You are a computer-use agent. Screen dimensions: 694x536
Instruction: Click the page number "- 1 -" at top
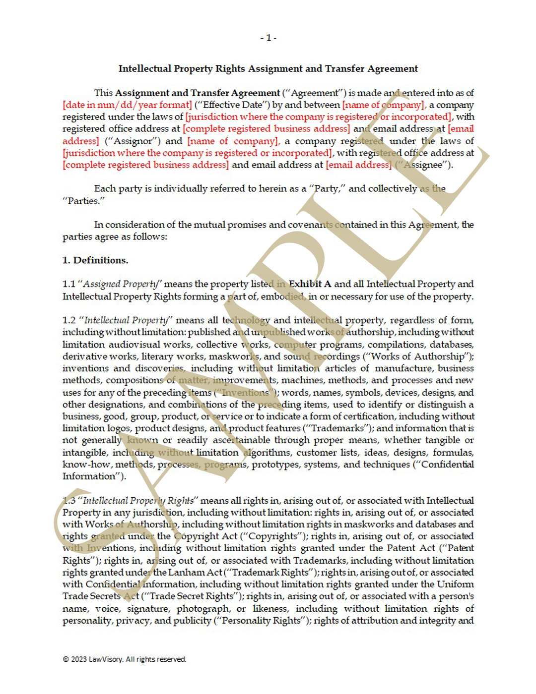click(x=268, y=38)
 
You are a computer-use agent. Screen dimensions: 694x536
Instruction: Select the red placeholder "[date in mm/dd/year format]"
click(x=127, y=105)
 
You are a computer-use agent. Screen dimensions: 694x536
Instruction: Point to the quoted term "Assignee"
click(x=423, y=165)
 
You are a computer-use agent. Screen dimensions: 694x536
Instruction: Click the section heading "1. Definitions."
click(x=95, y=260)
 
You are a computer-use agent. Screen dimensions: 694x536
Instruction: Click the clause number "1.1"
click(x=68, y=284)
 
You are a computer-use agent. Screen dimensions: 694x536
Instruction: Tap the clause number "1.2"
click(x=68, y=320)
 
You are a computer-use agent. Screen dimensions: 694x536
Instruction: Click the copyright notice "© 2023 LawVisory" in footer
click(x=124, y=659)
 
